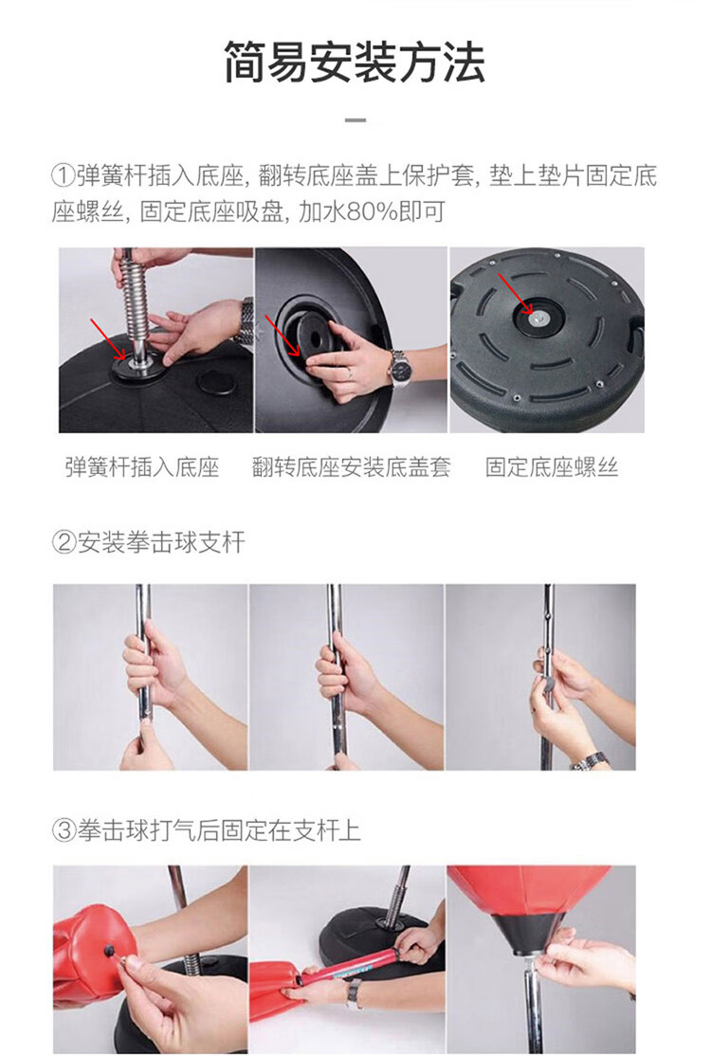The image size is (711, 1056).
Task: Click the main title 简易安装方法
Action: [355, 62]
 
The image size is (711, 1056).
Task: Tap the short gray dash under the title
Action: [355, 120]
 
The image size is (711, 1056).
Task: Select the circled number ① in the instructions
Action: [64, 176]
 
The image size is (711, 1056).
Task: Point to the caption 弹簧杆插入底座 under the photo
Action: [142, 466]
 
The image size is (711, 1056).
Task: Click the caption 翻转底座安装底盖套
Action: [351, 466]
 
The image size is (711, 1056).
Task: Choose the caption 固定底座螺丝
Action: [552, 466]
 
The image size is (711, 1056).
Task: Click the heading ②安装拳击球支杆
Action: [149, 542]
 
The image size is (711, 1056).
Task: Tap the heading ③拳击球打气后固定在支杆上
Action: [207, 830]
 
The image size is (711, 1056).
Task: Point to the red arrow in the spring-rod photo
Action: [108, 339]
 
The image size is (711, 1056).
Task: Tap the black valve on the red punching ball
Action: [108, 950]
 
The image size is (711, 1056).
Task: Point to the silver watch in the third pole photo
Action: [591, 761]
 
